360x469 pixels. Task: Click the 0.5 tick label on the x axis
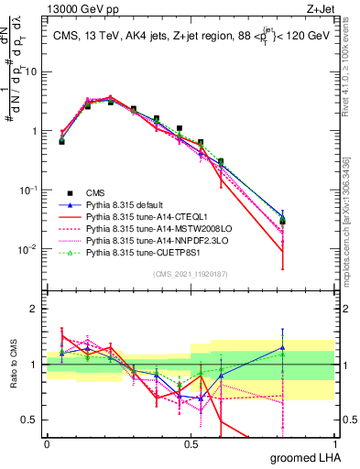point(192,444)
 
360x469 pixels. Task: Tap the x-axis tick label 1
point(339,444)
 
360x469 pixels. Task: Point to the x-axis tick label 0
point(47,444)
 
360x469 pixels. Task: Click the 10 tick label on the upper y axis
point(32,71)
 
